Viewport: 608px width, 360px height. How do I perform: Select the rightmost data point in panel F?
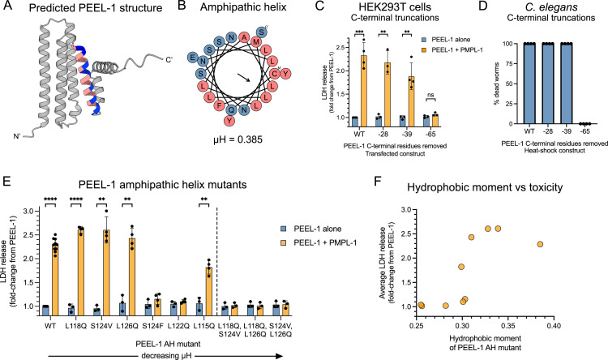coord(540,244)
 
